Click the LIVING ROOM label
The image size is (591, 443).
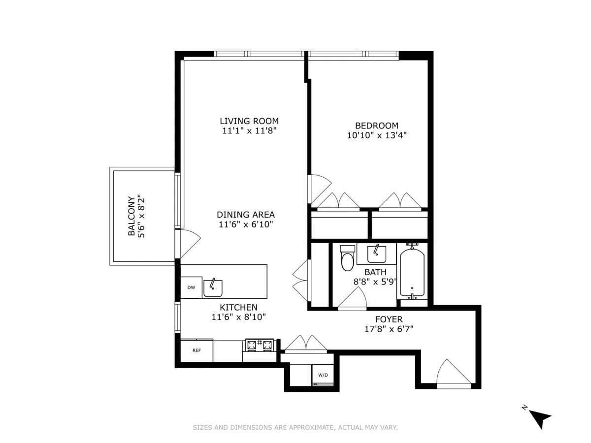(x=249, y=121)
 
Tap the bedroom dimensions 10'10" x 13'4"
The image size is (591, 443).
(x=377, y=135)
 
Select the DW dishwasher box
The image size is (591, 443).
(x=191, y=288)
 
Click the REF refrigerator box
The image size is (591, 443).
(x=197, y=351)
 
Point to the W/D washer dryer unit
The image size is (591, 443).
(x=323, y=375)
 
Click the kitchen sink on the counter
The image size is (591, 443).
(x=213, y=288)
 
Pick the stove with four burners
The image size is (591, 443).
(x=260, y=345)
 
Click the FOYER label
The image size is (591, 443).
(x=389, y=319)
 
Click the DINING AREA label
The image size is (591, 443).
(x=246, y=215)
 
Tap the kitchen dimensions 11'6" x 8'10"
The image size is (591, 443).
(x=239, y=317)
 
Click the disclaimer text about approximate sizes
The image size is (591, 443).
(x=295, y=428)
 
